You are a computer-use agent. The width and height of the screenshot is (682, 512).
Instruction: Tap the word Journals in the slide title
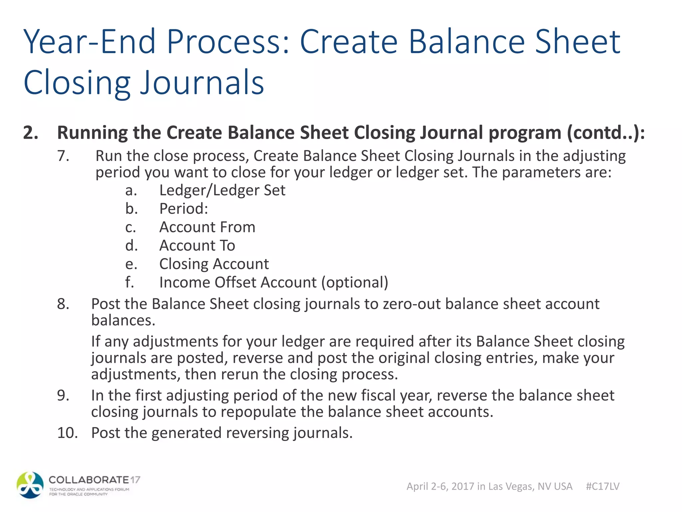[202, 83]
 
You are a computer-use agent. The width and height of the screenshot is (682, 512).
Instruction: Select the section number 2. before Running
[31, 133]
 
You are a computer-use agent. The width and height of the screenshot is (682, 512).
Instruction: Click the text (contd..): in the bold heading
[606, 133]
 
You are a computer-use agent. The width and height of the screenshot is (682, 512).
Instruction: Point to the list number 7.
[63, 156]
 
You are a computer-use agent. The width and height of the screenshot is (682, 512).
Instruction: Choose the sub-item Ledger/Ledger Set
[222, 190]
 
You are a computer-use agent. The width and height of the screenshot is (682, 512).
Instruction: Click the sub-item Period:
[183, 209]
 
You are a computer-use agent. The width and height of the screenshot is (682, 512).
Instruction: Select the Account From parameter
[207, 227]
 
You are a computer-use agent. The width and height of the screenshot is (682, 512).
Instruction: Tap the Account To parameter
[197, 246]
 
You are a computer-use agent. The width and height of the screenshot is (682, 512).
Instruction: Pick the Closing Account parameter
[214, 264]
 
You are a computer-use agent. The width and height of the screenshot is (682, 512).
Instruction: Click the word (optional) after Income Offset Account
[355, 283]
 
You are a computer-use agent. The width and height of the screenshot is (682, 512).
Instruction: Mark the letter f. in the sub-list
[130, 283]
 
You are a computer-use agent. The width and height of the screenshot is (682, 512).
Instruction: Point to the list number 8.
[63, 304]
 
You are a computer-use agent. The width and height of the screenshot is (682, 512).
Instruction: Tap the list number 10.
[67, 433]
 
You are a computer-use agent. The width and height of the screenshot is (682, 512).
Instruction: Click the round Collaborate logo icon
[30, 485]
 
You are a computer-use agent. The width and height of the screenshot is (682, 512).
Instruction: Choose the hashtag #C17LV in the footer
[602, 486]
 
